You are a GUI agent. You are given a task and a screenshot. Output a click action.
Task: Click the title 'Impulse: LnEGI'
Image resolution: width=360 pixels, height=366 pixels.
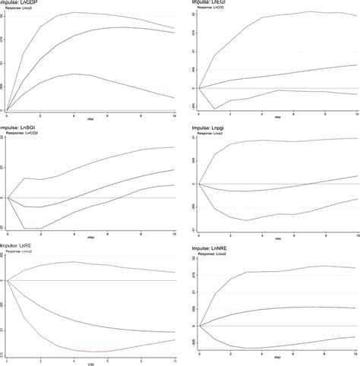coord(209,4)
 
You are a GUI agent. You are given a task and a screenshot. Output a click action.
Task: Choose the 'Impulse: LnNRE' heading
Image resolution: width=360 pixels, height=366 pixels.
coord(209,248)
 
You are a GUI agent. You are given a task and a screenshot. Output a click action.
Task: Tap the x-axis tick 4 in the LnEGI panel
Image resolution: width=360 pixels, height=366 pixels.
coord(262,115)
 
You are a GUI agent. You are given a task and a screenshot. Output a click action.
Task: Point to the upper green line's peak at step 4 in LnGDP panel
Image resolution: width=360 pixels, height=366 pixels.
coord(74,13)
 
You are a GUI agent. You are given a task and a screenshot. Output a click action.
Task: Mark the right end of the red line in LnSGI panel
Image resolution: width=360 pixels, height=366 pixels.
coord(175,185)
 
